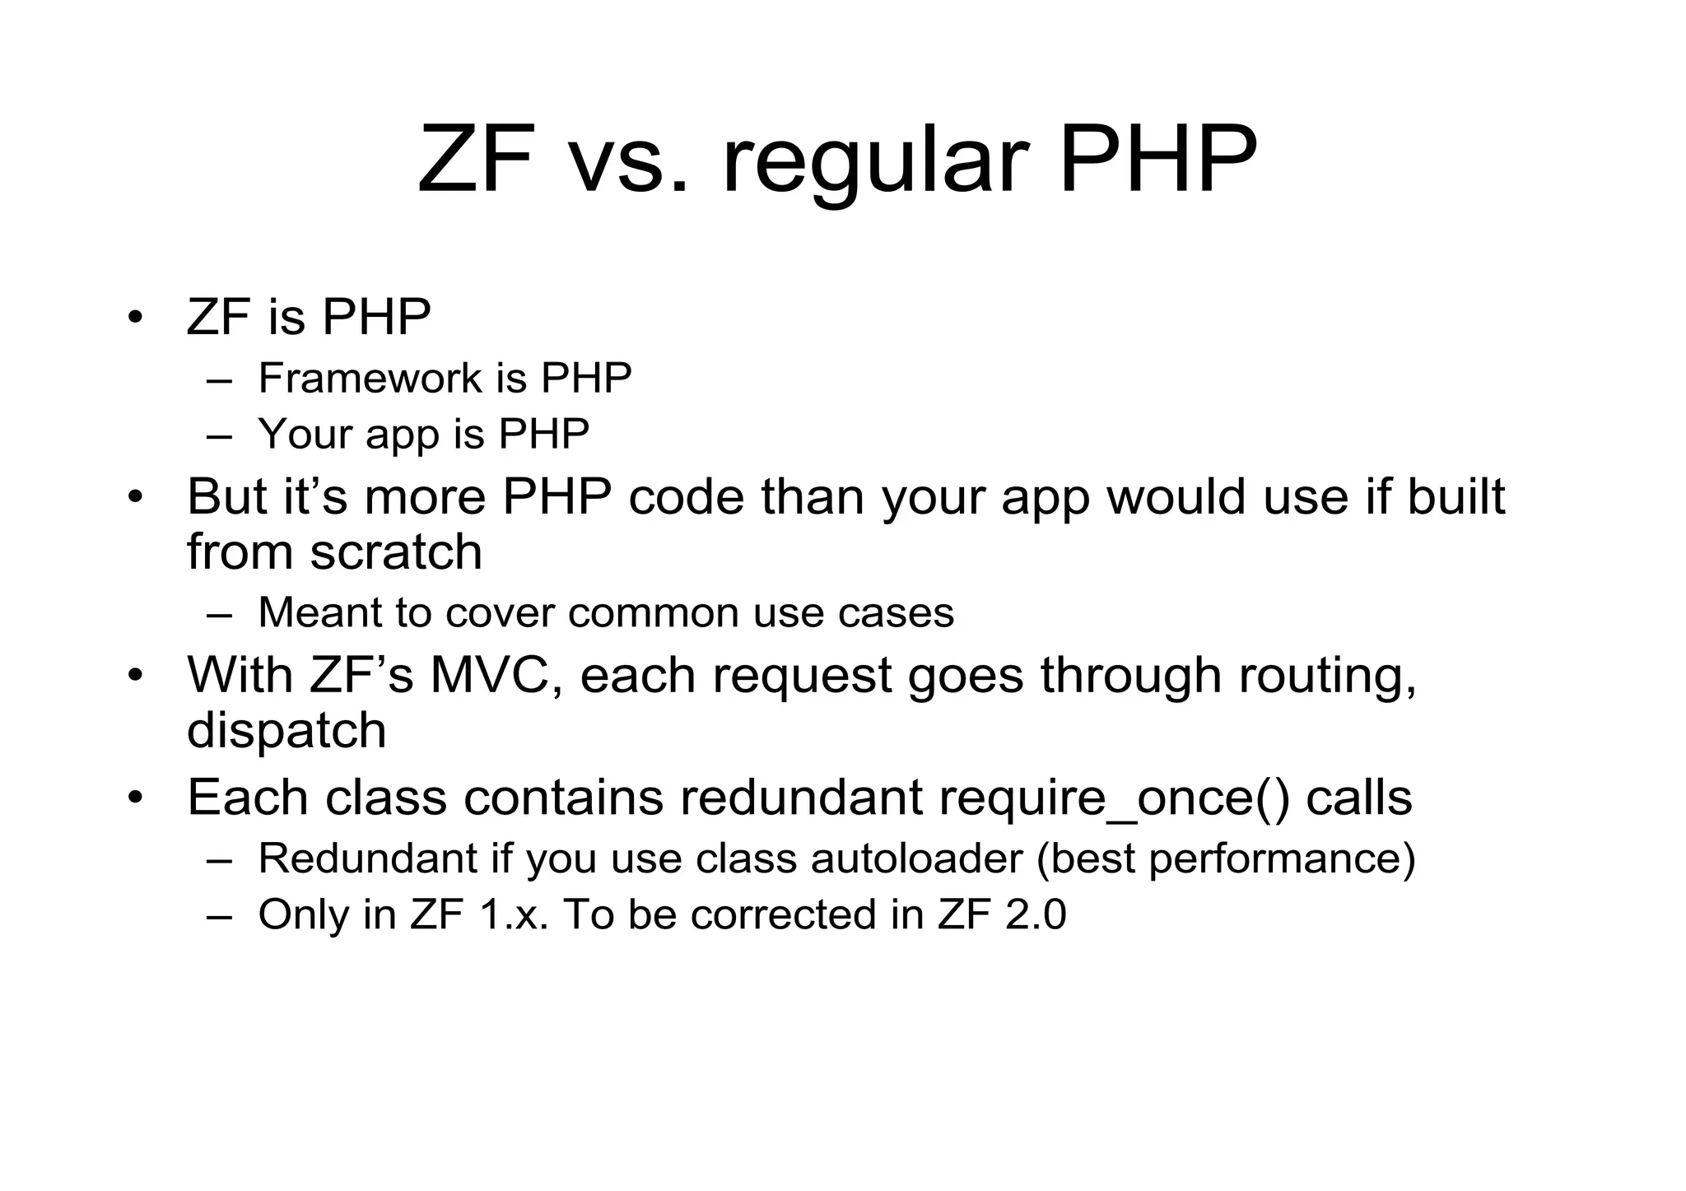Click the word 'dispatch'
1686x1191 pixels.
(286, 731)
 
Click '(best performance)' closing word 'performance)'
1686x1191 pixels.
(1281, 858)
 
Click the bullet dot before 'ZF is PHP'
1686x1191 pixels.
(136, 317)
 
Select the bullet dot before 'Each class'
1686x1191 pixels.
(136, 798)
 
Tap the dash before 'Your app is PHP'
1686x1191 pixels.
(219, 435)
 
